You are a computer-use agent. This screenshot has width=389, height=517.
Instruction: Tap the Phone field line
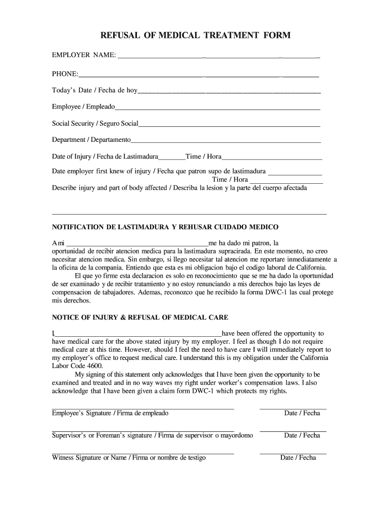click(x=198, y=76)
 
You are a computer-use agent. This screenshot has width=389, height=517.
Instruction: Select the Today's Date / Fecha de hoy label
click(x=94, y=90)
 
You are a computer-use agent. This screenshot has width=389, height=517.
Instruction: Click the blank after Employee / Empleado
click(x=217, y=109)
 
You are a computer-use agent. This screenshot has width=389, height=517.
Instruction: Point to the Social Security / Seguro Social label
click(x=95, y=123)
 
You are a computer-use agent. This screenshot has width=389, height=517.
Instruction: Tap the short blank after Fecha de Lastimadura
click(x=172, y=158)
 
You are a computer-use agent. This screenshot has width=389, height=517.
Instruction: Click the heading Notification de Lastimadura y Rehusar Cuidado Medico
click(x=165, y=227)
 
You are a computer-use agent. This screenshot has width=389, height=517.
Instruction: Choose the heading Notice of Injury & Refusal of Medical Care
click(x=140, y=318)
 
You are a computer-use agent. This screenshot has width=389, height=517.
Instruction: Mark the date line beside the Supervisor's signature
click(x=293, y=430)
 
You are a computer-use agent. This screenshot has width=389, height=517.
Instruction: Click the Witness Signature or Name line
click(x=143, y=453)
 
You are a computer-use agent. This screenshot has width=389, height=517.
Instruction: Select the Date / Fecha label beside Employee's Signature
click(x=302, y=413)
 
